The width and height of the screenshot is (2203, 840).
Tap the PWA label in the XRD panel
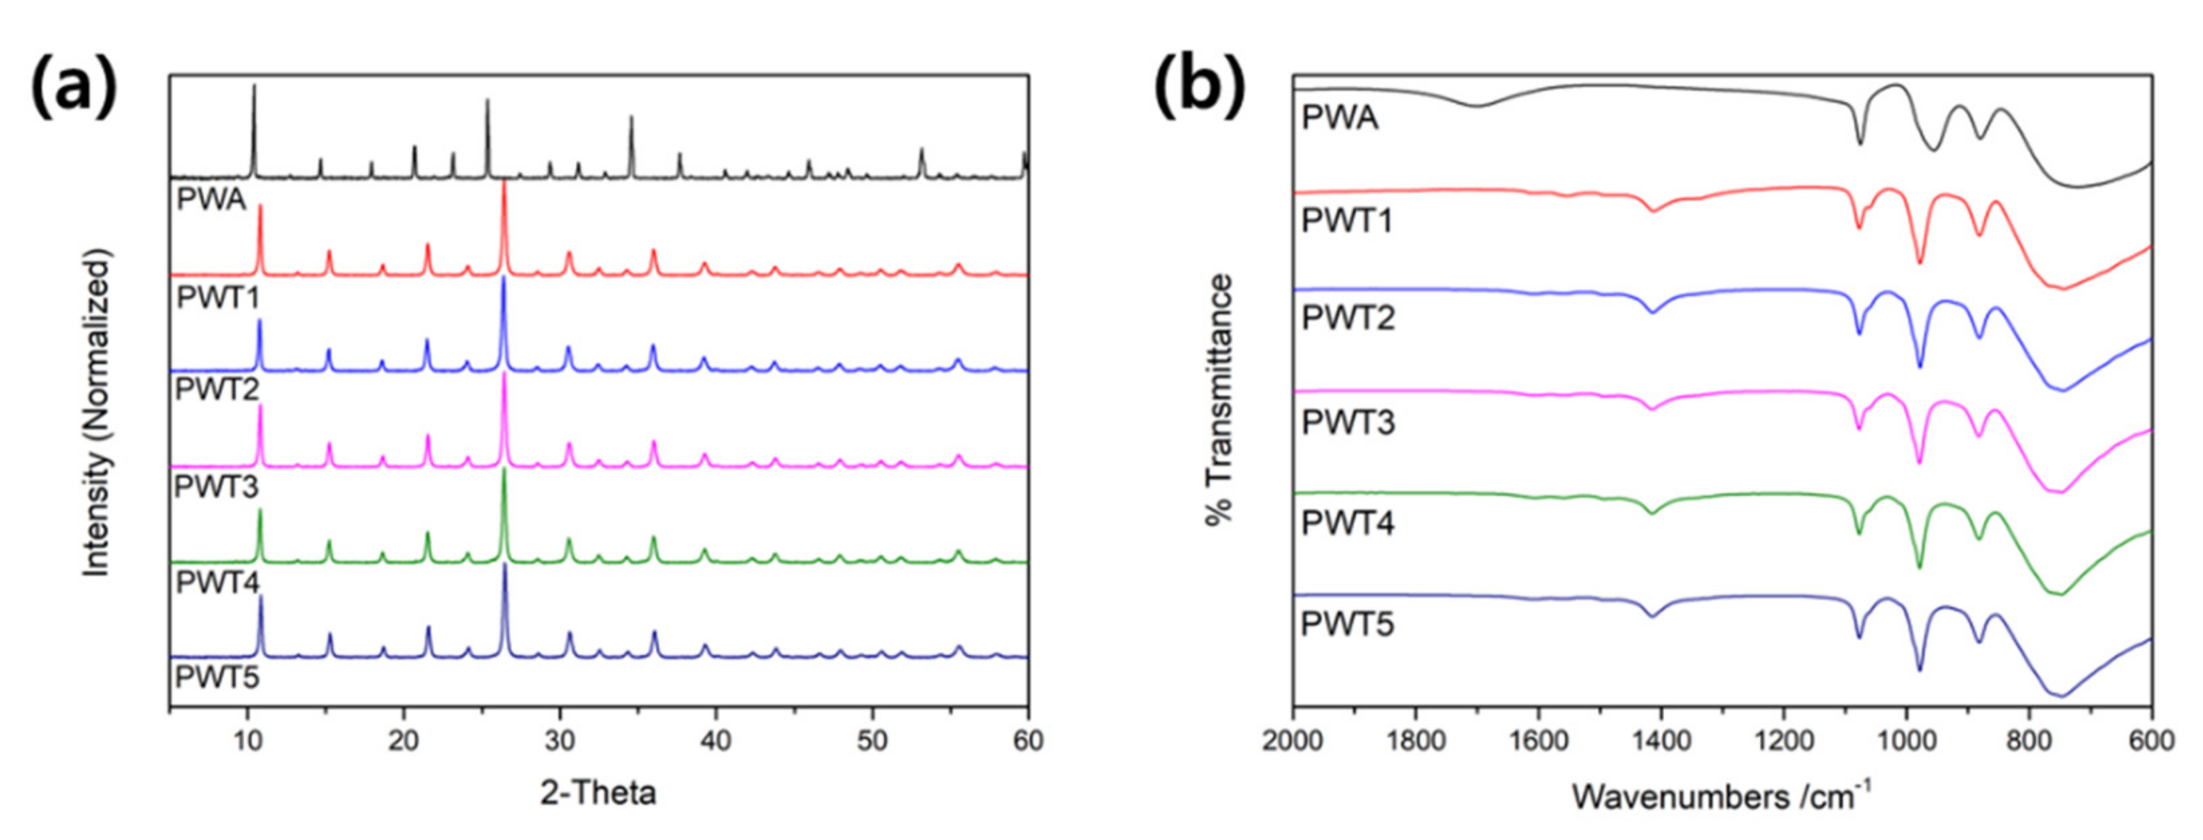pyautogui.click(x=210, y=200)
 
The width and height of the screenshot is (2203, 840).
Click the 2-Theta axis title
pyautogui.click(x=597, y=793)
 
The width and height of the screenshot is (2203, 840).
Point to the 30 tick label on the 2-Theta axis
pyautogui.click(x=560, y=741)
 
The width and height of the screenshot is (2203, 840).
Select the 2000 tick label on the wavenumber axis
pyautogui.click(x=1293, y=741)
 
